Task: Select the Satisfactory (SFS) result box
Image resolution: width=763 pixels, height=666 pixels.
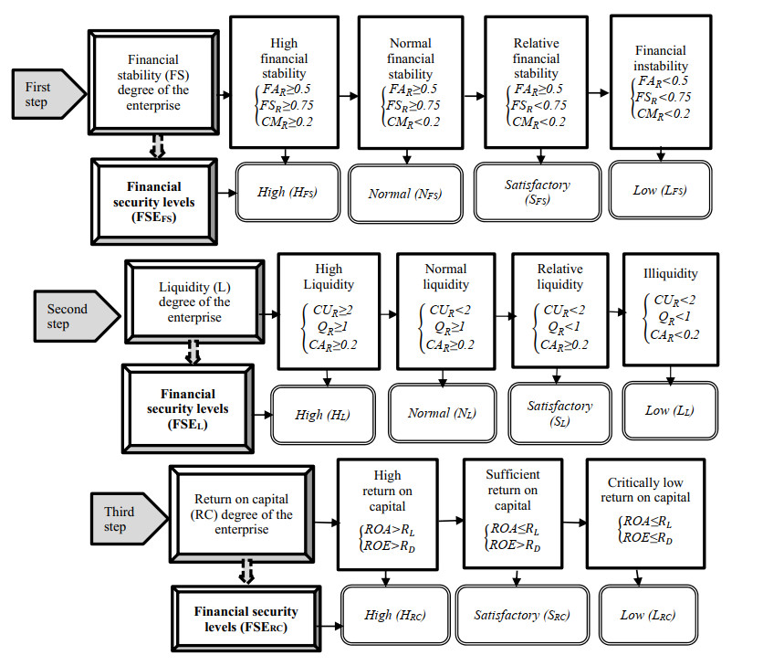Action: [537, 193]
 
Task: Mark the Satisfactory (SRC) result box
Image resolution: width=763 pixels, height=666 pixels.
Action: [521, 615]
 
